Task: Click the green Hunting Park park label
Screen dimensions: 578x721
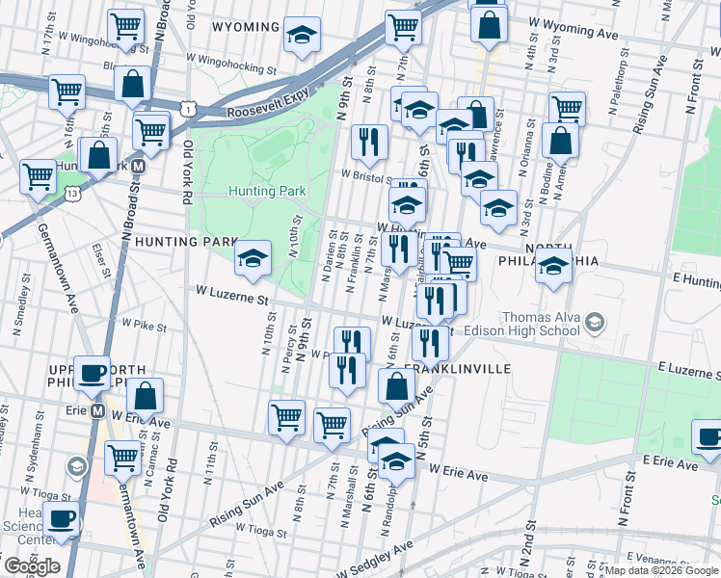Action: (x=267, y=192)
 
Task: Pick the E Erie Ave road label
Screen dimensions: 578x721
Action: (x=669, y=464)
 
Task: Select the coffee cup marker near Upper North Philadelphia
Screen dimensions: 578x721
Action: (x=93, y=372)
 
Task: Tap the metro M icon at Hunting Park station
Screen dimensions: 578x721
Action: (x=139, y=165)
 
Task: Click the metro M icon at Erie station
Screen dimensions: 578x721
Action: (x=97, y=411)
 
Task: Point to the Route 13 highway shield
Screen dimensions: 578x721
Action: (x=72, y=194)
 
